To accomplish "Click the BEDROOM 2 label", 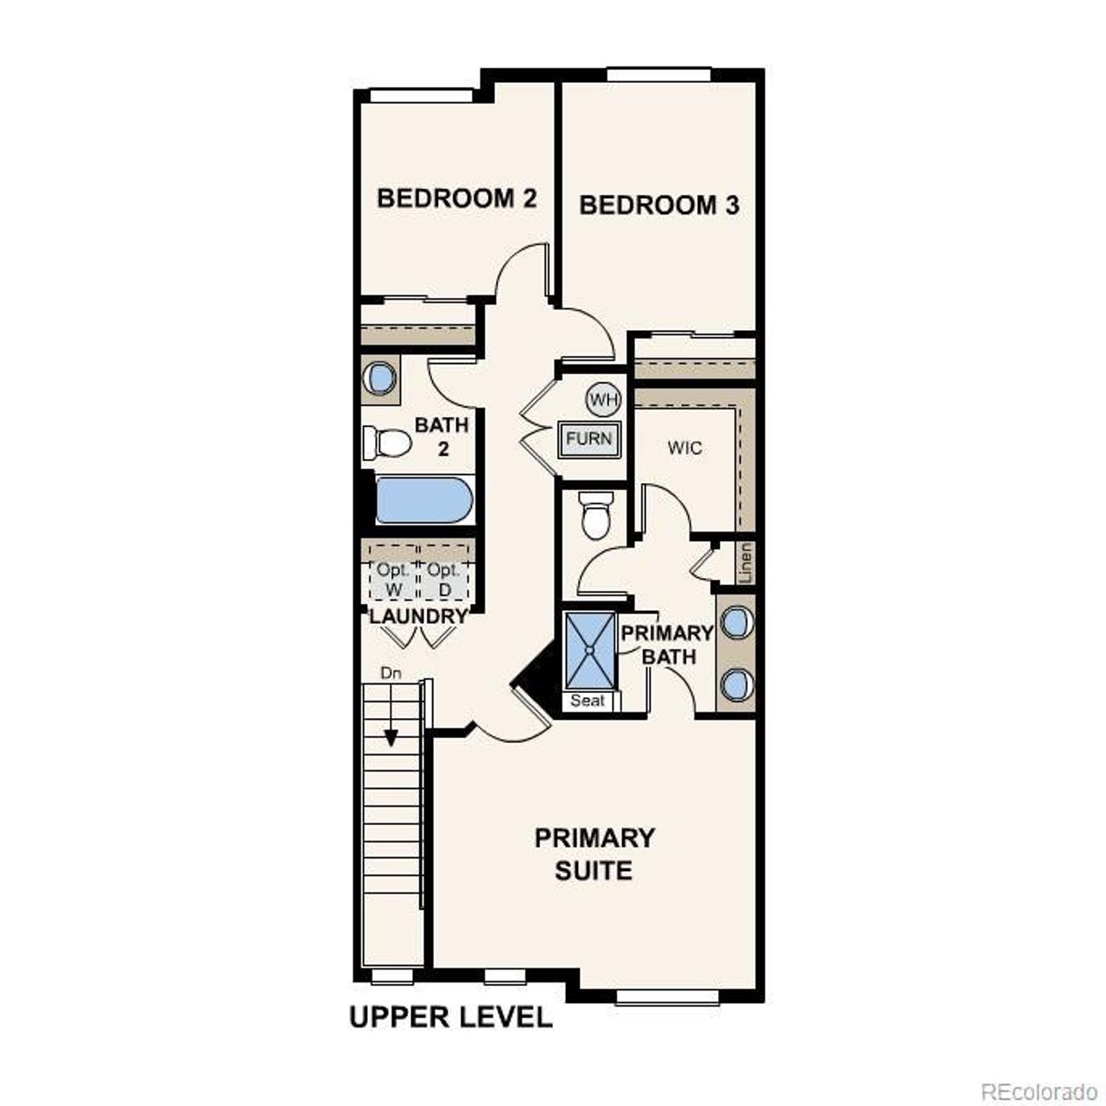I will pos(456,199).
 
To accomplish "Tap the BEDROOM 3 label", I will pos(658,206).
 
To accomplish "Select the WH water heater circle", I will pos(603,399).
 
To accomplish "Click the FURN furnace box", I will pos(589,439).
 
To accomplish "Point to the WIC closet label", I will pos(684,448).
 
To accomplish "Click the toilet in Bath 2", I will pos(387,443).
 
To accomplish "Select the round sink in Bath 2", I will pos(379,378).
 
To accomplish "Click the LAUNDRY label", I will pos(418,617).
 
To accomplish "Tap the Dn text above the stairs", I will pos(391,672).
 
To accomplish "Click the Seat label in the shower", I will pos(588,701).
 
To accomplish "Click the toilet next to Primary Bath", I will pos(595,515).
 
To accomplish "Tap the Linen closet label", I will pos(747,563).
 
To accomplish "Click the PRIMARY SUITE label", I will pos(594,854).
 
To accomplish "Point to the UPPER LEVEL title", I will pos(450,1017).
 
